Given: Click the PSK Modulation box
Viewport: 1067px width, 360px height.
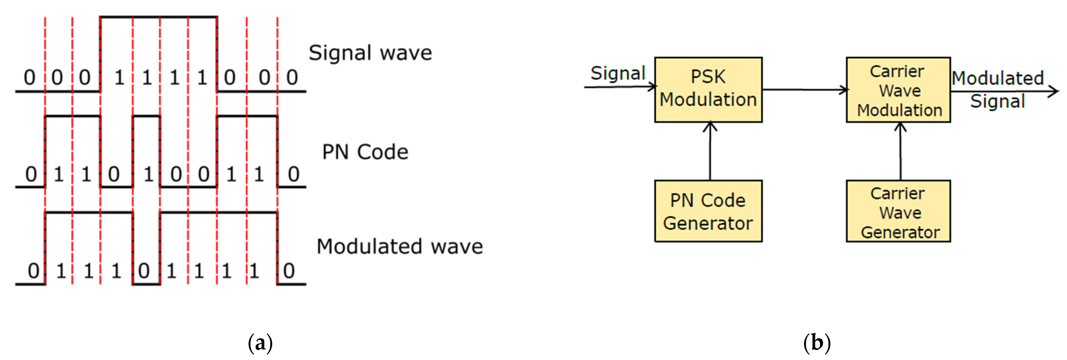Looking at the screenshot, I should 708,90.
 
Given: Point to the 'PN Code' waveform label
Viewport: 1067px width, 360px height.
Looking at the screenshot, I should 365,152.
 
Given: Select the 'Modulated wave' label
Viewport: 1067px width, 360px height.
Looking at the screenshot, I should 400,247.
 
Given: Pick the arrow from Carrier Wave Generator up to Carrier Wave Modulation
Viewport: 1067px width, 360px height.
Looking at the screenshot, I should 900,151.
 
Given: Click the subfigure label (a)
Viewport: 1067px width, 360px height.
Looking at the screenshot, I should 260,343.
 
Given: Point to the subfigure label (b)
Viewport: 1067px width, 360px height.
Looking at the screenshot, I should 817,343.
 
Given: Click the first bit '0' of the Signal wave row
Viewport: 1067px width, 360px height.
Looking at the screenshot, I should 29,78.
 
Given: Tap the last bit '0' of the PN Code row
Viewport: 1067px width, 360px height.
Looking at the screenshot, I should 294,174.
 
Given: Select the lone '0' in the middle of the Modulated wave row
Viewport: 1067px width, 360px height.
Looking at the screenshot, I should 144,271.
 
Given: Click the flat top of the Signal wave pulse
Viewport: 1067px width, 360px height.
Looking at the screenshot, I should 159,17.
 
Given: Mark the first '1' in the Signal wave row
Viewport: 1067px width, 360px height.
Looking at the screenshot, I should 119,78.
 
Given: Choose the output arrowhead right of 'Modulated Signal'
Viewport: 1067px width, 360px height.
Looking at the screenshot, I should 1054,91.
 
